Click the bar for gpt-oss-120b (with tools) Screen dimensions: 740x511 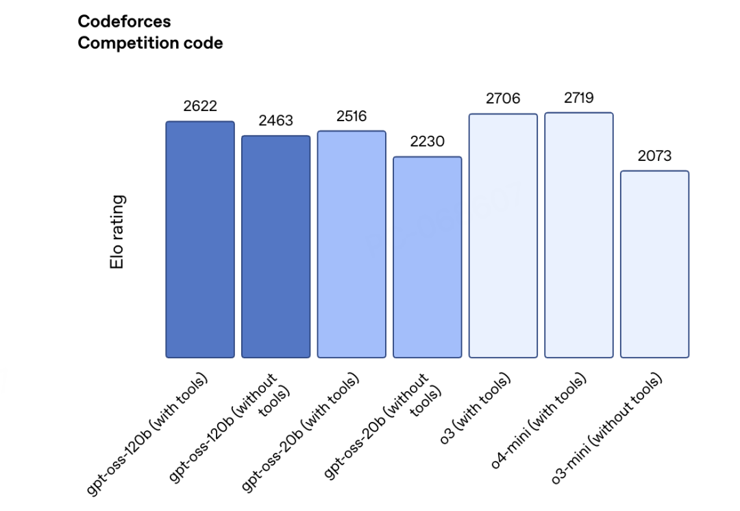(200, 240)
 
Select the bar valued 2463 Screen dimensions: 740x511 (276, 247)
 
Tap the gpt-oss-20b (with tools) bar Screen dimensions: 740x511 (351, 245)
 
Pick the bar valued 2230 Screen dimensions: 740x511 (428, 257)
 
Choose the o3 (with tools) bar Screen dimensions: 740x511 (503, 236)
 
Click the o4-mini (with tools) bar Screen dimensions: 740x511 (579, 235)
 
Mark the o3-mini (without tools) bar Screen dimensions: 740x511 (654, 264)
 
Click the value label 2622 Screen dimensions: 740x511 (200, 105)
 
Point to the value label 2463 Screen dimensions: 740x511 (276, 121)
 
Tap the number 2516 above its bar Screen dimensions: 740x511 (351, 116)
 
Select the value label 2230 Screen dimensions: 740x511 (428, 141)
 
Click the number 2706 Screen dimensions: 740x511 (503, 98)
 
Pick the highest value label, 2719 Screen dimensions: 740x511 (579, 98)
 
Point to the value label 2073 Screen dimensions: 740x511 (654, 155)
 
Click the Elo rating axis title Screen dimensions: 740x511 (117, 232)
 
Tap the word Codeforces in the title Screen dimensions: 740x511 (124, 21)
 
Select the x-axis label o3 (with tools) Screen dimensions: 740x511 (475, 409)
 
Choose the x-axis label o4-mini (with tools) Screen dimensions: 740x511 (538, 421)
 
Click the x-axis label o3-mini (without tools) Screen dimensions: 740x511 (606, 428)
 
